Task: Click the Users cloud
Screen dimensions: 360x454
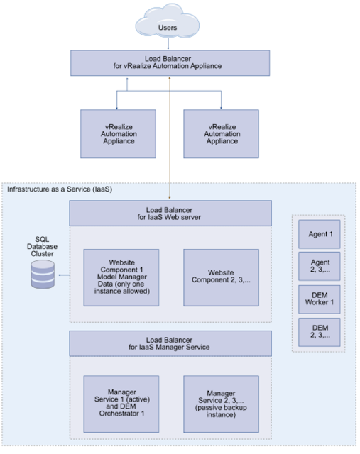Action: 168,23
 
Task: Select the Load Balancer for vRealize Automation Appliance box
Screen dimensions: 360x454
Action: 170,63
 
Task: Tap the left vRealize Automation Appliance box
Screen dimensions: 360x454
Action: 118,134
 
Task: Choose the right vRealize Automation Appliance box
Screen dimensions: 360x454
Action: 221,134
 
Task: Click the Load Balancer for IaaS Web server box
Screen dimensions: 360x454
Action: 170,213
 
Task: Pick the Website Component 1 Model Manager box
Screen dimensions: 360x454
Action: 121,277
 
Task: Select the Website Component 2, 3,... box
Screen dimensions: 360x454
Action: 221,277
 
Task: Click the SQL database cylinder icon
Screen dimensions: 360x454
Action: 43,275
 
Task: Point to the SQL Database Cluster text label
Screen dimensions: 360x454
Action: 42,246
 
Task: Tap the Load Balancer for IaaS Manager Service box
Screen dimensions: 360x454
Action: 170,343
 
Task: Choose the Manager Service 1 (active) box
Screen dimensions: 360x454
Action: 121,404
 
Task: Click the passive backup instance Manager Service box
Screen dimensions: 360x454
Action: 221,404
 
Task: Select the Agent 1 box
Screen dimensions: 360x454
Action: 320,234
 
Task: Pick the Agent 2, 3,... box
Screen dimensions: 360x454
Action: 320,267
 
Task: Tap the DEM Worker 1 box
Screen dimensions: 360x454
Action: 320,299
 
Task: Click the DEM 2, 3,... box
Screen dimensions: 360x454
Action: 320,332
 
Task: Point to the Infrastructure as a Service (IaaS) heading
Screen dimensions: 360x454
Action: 60,189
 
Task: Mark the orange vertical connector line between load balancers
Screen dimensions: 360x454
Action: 170,138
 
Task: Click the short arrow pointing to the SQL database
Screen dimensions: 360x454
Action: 64,275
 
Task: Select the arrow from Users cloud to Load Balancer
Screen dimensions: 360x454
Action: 168,44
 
